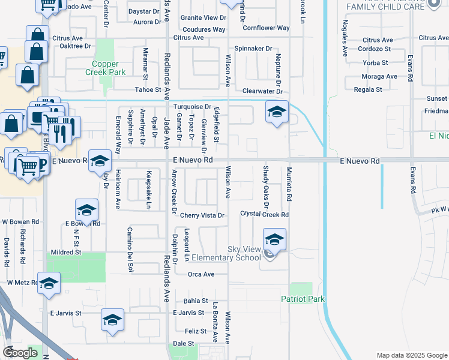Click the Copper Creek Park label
point(109,68)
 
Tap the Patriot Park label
point(303,299)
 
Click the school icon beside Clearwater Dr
point(276,112)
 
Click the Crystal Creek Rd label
point(265,214)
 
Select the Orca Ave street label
point(201,274)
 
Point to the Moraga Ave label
point(379,77)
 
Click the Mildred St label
point(66,253)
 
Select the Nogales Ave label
point(345,38)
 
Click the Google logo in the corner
point(20,353)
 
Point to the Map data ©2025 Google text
point(411,355)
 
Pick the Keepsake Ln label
point(148,190)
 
